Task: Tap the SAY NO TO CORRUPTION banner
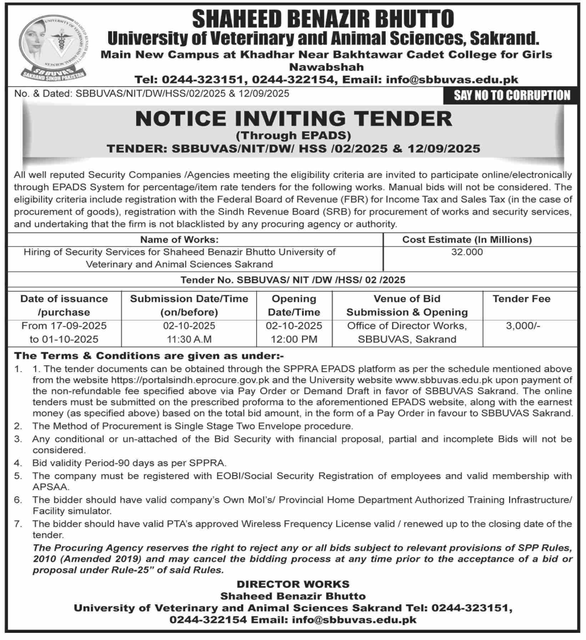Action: click(512, 96)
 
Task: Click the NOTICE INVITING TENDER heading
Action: click(293, 119)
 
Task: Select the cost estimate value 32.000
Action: click(467, 252)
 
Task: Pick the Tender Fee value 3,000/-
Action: click(523, 326)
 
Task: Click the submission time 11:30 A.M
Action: click(189, 339)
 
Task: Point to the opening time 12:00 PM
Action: click(294, 339)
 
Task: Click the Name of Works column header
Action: click(179, 239)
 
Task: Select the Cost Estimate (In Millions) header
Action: click(467, 239)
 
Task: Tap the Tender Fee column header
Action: click(521, 299)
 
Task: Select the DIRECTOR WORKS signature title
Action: click(293, 584)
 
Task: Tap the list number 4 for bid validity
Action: click(17, 463)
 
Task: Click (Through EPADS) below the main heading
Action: click(293, 136)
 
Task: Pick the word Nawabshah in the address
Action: click(326, 67)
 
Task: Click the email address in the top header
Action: click(452, 79)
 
